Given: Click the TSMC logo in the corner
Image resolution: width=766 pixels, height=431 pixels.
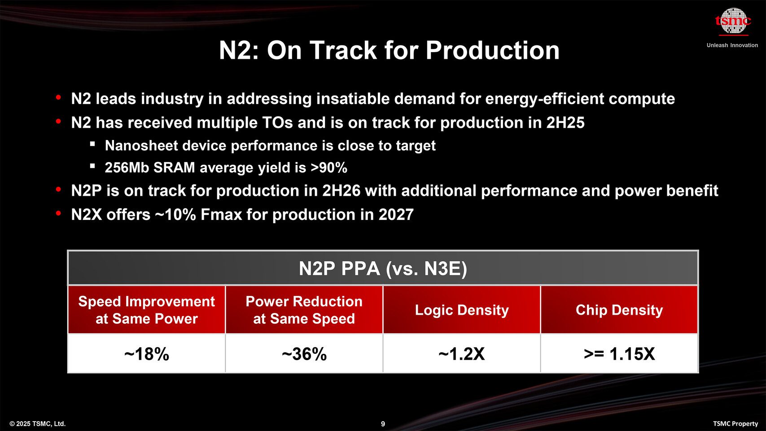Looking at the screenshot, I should [733, 21].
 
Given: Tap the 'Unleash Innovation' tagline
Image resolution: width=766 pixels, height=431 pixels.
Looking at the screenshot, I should [732, 45].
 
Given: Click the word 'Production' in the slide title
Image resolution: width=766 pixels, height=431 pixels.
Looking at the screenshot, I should [492, 50].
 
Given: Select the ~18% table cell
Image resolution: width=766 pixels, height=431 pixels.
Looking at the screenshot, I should [147, 354].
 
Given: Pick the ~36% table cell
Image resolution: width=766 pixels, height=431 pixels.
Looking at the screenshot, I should [304, 354].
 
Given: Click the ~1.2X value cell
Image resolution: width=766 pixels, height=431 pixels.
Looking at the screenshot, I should [462, 354].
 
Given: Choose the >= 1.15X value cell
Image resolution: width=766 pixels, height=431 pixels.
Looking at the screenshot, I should [619, 354].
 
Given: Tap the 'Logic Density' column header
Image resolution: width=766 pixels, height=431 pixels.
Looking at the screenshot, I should [462, 310].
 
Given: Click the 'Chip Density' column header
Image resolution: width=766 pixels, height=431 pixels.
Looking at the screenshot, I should [619, 310].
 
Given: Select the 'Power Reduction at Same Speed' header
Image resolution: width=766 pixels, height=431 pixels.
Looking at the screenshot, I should [304, 310].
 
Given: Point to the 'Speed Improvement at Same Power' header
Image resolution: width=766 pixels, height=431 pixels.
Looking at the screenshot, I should [147, 310].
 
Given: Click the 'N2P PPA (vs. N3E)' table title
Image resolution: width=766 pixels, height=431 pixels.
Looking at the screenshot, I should [383, 268].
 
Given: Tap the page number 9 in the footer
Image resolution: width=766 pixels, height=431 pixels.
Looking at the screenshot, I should [383, 424].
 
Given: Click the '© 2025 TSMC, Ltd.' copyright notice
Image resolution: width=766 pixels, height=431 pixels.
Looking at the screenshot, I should [38, 424].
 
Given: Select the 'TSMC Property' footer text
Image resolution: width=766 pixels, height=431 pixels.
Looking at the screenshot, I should [735, 424].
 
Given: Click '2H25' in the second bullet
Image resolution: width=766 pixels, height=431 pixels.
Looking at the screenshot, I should [565, 123].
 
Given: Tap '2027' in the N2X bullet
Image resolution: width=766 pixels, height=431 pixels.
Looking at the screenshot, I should [396, 215].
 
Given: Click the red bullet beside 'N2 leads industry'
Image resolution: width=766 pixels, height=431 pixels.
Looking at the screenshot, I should [58, 97].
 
